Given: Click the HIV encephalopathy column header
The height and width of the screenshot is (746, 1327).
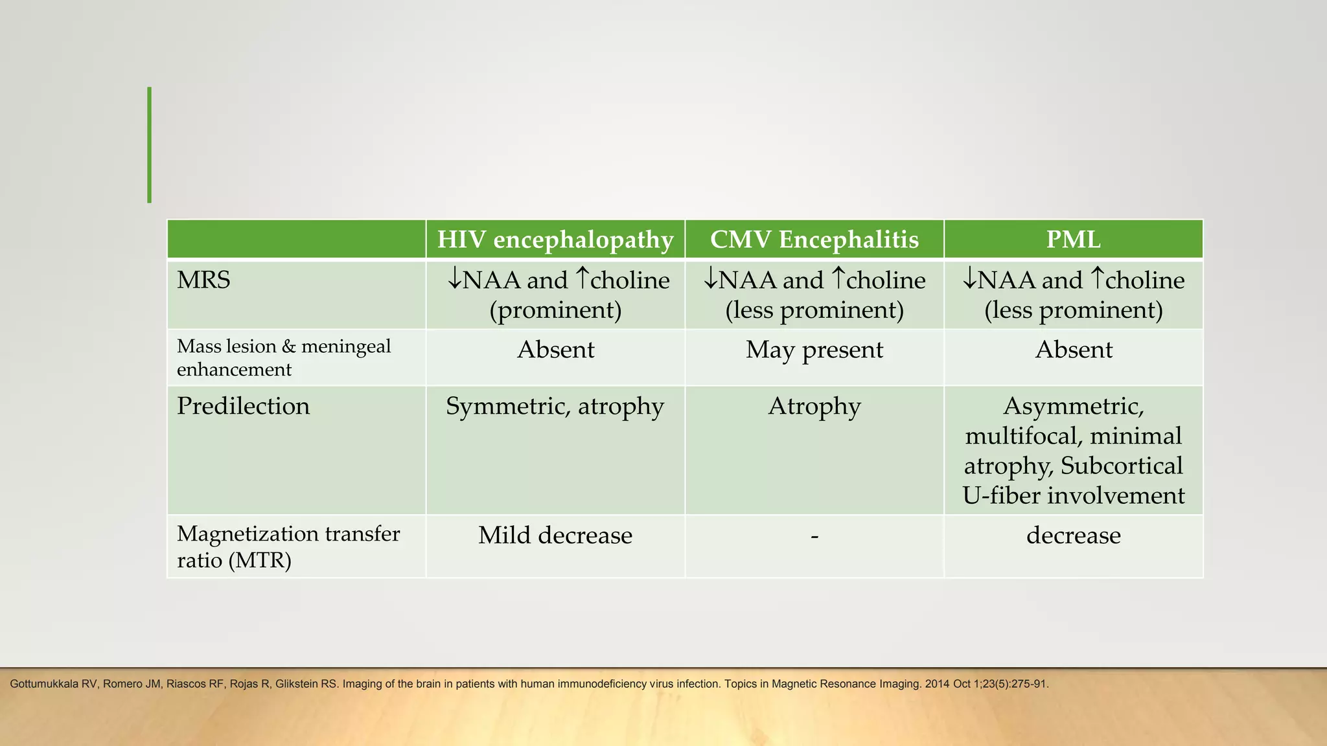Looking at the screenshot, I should click(555, 240).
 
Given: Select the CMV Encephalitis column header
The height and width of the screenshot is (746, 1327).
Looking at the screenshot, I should click(814, 240).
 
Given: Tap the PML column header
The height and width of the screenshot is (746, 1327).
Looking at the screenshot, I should click(1073, 240).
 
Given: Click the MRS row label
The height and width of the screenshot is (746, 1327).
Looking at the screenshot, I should click(203, 280).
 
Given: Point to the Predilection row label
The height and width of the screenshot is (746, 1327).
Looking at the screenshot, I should click(243, 406).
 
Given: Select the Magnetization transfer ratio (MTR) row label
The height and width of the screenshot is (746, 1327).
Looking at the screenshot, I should click(288, 546).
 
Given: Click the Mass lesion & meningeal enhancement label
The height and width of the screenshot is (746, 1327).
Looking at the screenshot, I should click(283, 357).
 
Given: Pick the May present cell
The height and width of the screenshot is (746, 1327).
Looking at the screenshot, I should click(814, 350).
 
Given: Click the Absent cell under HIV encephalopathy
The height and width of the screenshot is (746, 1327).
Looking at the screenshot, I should click(555, 350).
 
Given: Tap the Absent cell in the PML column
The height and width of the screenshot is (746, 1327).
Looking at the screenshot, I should click(1074, 350).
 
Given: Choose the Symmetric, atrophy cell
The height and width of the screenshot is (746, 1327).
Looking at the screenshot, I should click(555, 406).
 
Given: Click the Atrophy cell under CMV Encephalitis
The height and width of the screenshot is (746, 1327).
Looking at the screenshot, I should click(814, 406).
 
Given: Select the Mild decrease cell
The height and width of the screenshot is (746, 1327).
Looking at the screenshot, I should click(555, 536).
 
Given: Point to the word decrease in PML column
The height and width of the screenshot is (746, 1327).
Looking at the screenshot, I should click(1074, 536).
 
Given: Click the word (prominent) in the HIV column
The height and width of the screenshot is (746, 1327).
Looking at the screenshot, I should click(555, 310).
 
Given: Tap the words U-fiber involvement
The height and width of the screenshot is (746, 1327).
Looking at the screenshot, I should click(1074, 495).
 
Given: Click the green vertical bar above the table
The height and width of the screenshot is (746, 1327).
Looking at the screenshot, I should click(150, 145).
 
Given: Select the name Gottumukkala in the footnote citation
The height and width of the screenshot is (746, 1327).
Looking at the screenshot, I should click(44, 684).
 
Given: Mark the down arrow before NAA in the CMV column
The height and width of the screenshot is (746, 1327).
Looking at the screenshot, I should click(711, 279).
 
